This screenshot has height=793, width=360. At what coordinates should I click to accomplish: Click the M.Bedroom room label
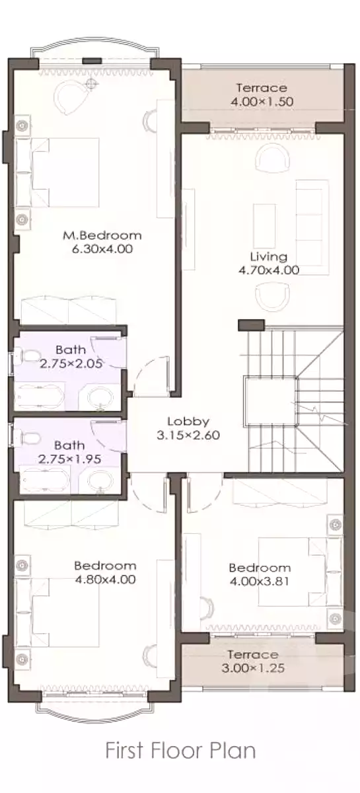102,235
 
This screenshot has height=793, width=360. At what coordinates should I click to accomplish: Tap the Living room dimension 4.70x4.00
269,270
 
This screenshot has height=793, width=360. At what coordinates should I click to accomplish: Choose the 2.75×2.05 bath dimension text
71,363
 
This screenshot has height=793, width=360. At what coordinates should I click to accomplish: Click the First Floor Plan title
180,751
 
